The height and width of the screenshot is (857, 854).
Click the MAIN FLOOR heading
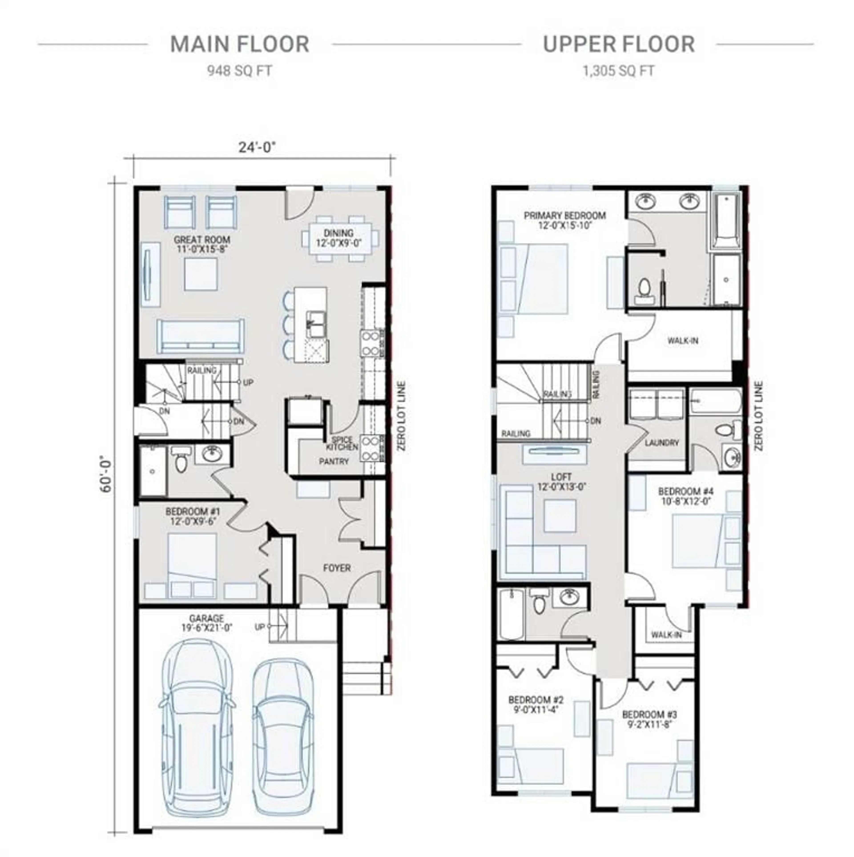[x=240, y=44]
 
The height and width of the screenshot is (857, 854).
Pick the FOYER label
[x=337, y=568]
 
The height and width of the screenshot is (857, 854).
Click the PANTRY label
[x=334, y=461]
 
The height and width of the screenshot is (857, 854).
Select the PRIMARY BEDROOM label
[x=565, y=216]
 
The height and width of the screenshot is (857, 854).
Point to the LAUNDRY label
[x=662, y=443]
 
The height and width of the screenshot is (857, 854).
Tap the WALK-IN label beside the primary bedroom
[x=683, y=341]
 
